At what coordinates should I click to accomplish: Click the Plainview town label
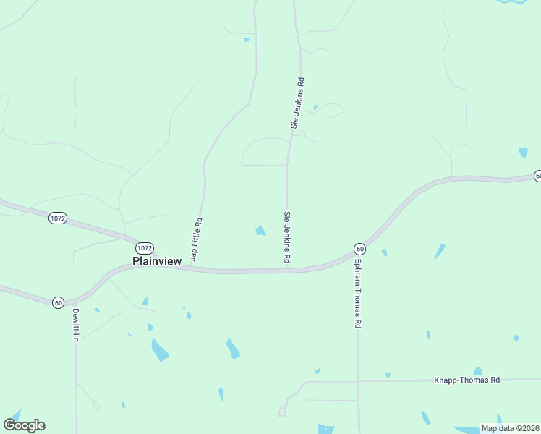157,261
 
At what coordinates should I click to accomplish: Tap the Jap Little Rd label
195,240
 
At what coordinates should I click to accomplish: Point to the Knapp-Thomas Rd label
467,380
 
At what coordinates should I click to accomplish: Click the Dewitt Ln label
75,325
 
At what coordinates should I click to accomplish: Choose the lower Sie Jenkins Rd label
287,236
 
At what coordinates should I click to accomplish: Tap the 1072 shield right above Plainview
145,247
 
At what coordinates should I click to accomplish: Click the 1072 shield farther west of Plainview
58,218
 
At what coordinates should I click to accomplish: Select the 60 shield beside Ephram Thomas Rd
359,249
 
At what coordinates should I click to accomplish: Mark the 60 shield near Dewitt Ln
59,302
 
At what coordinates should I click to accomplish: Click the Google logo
25,425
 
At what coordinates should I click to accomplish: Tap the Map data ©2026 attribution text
510,428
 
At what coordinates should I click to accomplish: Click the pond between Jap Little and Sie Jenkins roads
260,231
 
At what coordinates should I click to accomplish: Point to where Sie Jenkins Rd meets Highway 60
287,271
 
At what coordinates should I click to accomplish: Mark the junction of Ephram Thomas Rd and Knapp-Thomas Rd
357,380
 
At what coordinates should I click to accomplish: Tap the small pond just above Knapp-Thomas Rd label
477,371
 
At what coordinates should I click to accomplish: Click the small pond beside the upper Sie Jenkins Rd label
315,108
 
